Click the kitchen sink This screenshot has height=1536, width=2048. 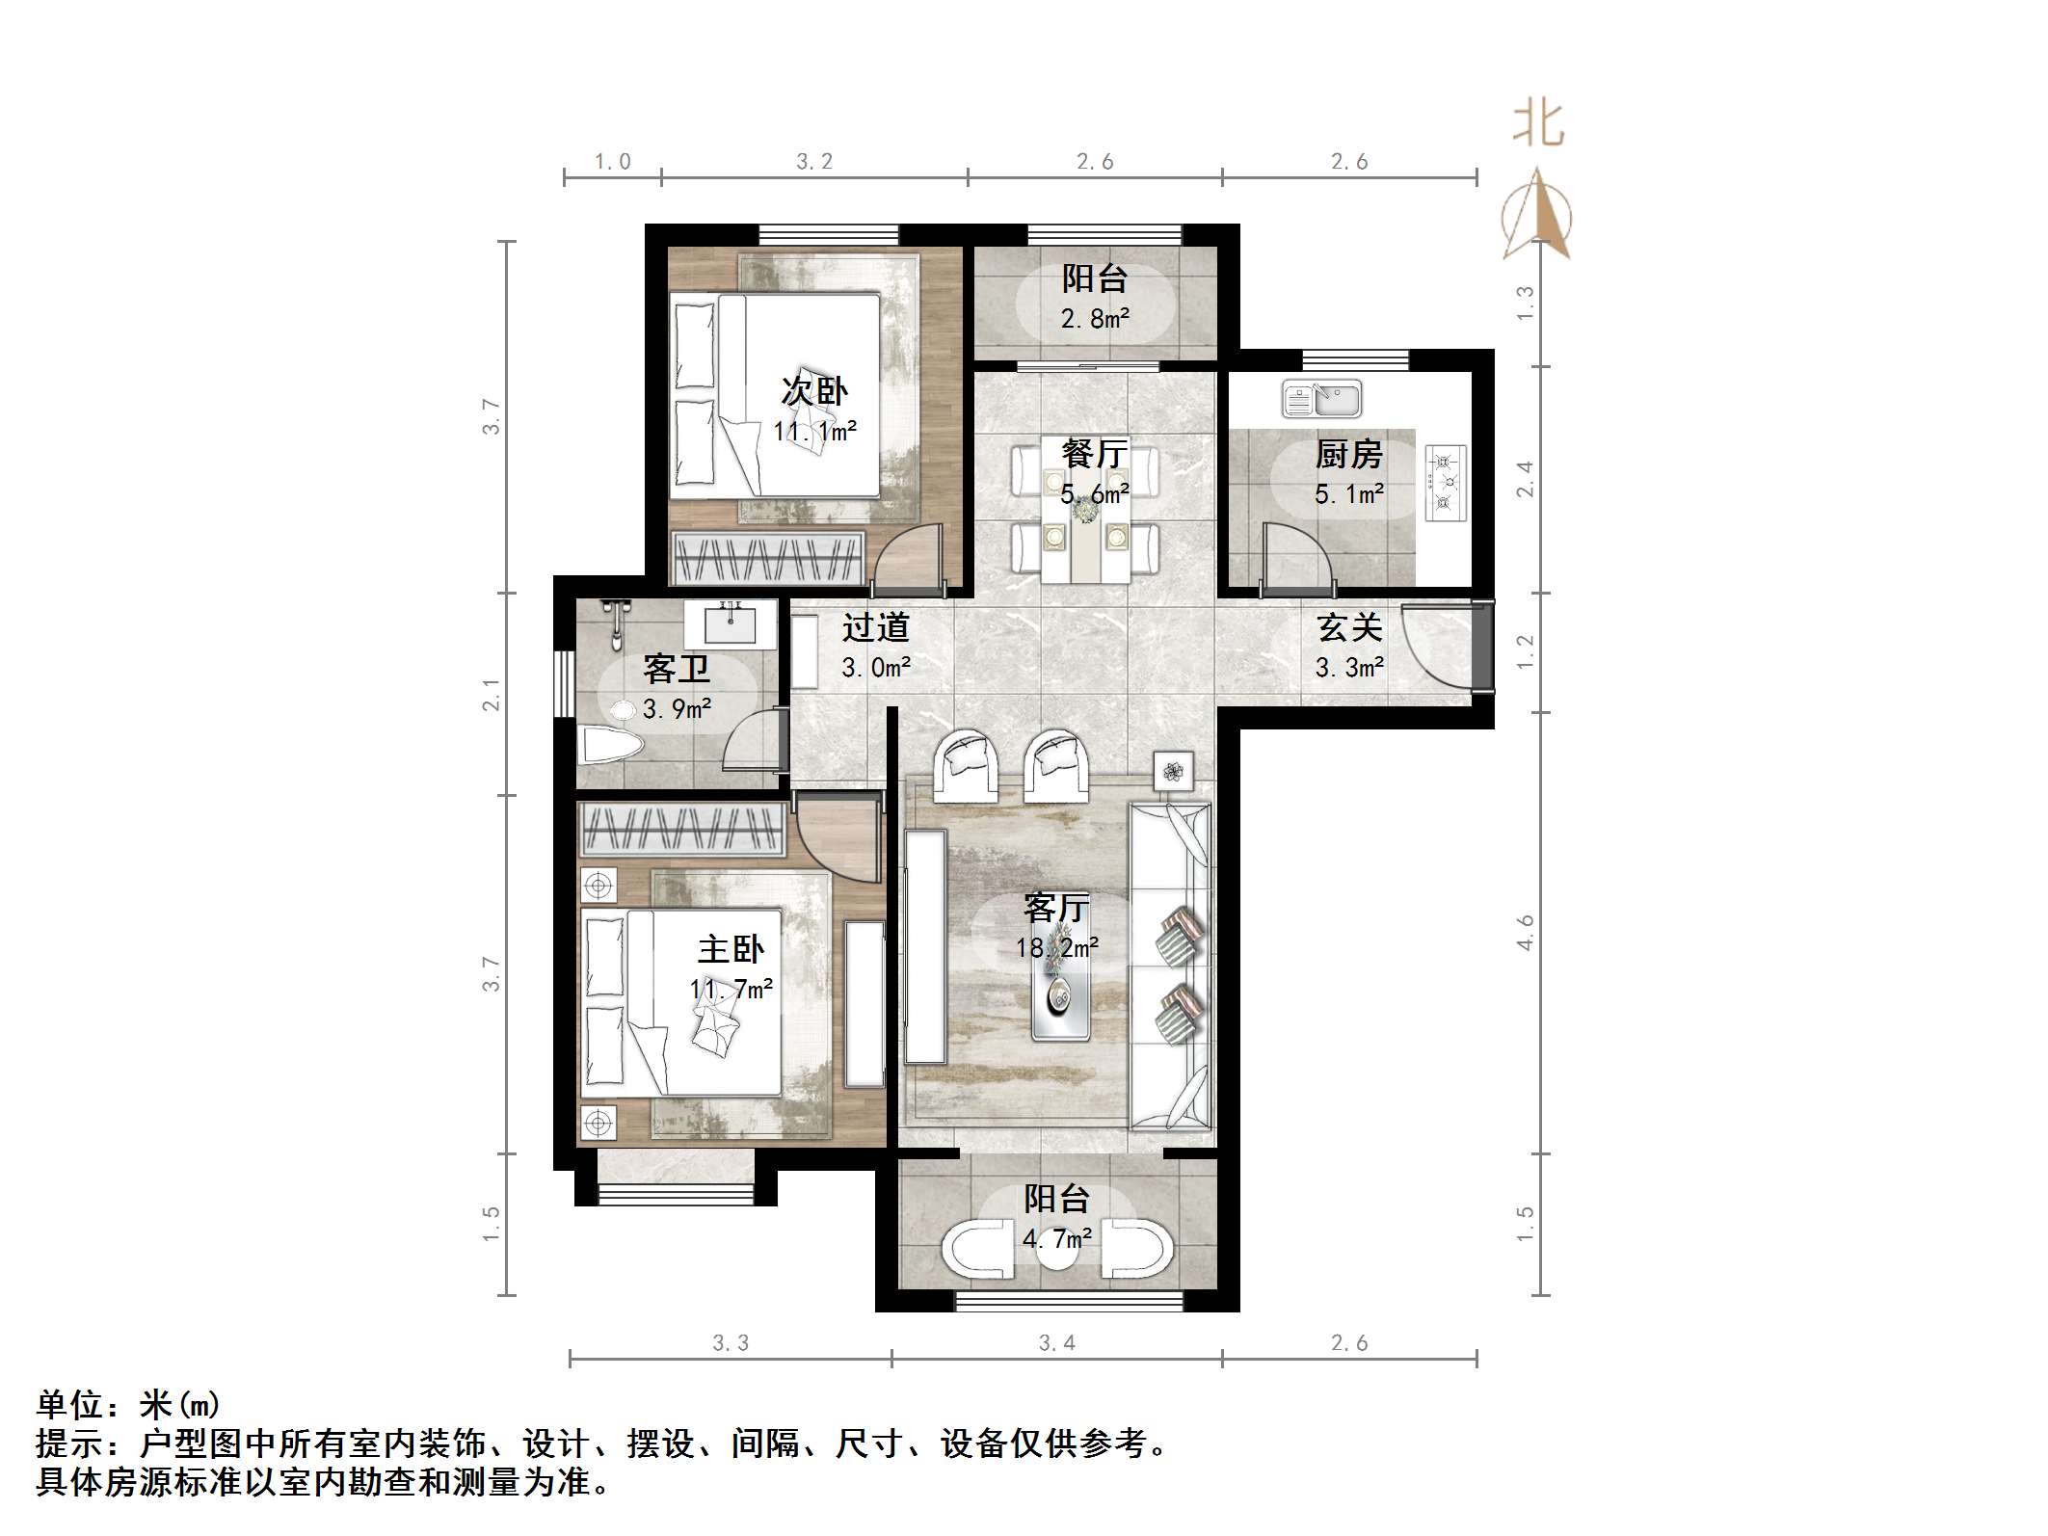tap(1321, 399)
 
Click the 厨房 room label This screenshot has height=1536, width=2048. tap(1348, 455)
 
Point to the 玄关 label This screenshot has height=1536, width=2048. tap(1349, 628)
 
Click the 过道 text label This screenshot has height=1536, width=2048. tap(875, 628)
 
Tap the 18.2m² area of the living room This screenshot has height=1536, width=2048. tap(1056, 948)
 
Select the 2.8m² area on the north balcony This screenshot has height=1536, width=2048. tap(1095, 319)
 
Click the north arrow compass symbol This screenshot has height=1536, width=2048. tap(1537, 216)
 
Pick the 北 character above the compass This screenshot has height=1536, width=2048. tap(1538, 126)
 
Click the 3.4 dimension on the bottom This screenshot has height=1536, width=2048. tap(1056, 1342)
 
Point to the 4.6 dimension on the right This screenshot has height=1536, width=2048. tap(1525, 933)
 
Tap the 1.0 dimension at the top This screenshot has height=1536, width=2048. tap(612, 162)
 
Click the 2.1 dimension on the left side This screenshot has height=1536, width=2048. tap(492, 694)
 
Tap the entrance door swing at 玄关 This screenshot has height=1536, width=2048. tap(1436, 644)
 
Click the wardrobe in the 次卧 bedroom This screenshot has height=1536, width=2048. tap(767, 558)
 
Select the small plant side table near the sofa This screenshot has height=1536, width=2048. tap(1173, 771)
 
